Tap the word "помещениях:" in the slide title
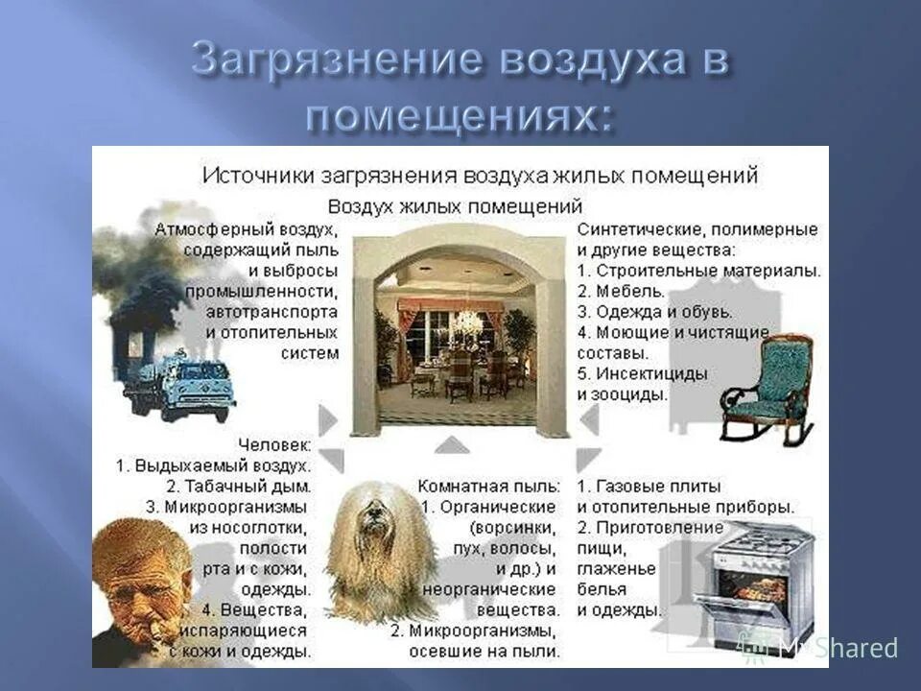(x=458, y=115)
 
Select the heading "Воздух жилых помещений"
(x=456, y=205)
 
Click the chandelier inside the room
(x=467, y=321)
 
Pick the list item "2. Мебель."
(x=621, y=290)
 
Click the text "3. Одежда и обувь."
(x=654, y=311)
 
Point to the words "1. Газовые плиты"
(x=649, y=486)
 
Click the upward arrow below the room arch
(x=452, y=444)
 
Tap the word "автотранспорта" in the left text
(x=272, y=311)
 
